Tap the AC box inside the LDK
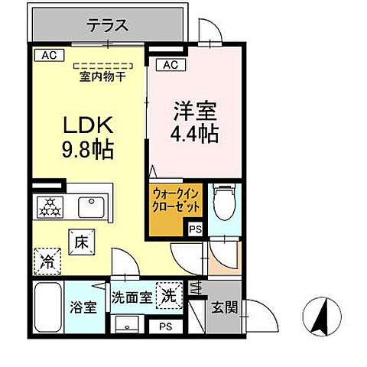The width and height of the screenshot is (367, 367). [x=47, y=55]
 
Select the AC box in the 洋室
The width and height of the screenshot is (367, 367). [x=170, y=65]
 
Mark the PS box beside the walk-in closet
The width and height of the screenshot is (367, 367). [x=194, y=228]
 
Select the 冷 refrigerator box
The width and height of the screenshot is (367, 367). [x=47, y=261]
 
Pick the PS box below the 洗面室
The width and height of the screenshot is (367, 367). [x=166, y=326]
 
